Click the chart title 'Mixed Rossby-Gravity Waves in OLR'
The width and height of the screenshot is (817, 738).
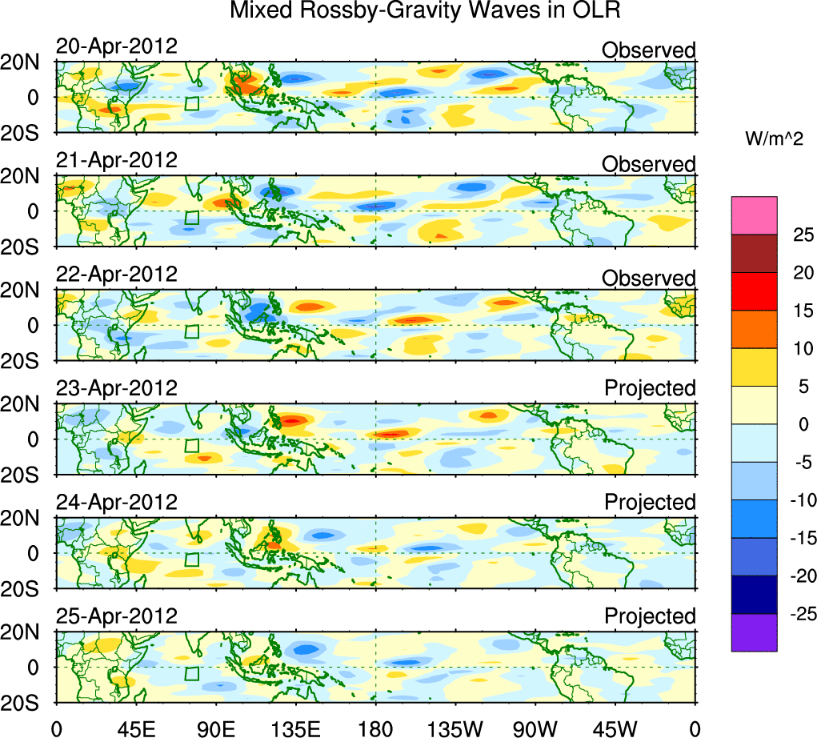425,11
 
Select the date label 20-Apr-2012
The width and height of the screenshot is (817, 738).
116,46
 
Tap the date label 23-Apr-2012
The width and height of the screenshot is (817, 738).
116,388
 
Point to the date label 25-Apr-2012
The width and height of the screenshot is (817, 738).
116,616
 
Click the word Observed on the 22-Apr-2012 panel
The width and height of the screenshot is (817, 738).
649,279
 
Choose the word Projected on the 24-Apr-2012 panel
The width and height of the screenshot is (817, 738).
650,503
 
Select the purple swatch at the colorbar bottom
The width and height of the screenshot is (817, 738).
754,632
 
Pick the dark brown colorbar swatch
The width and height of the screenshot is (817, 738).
754,253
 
